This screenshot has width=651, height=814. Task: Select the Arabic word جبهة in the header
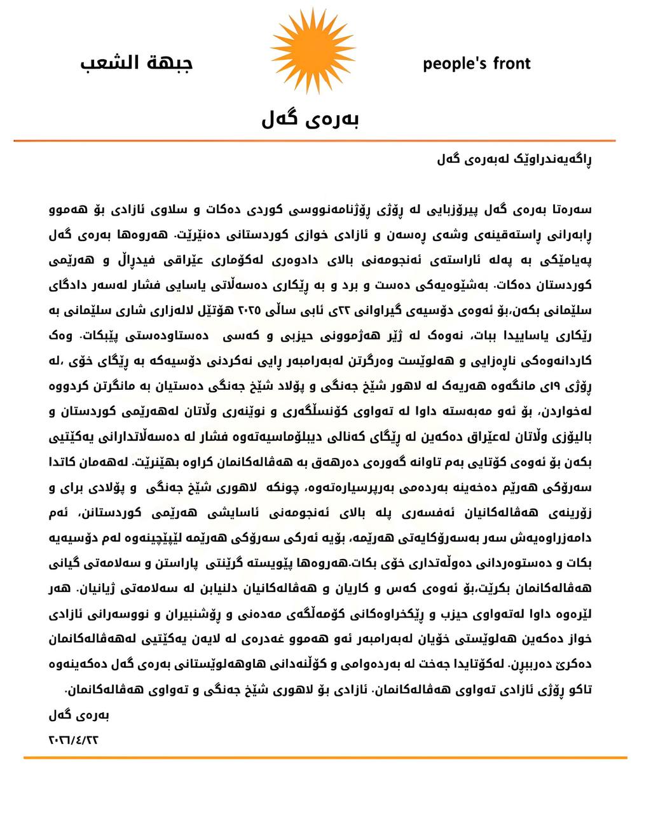(x=168, y=63)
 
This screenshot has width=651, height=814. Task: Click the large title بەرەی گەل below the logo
(x=311, y=118)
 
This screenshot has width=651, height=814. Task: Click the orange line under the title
(x=315, y=141)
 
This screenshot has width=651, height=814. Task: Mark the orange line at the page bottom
(x=325, y=757)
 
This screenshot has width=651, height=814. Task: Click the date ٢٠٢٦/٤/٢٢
(x=74, y=740)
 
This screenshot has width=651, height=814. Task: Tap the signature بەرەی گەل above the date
(x=79, y=715)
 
